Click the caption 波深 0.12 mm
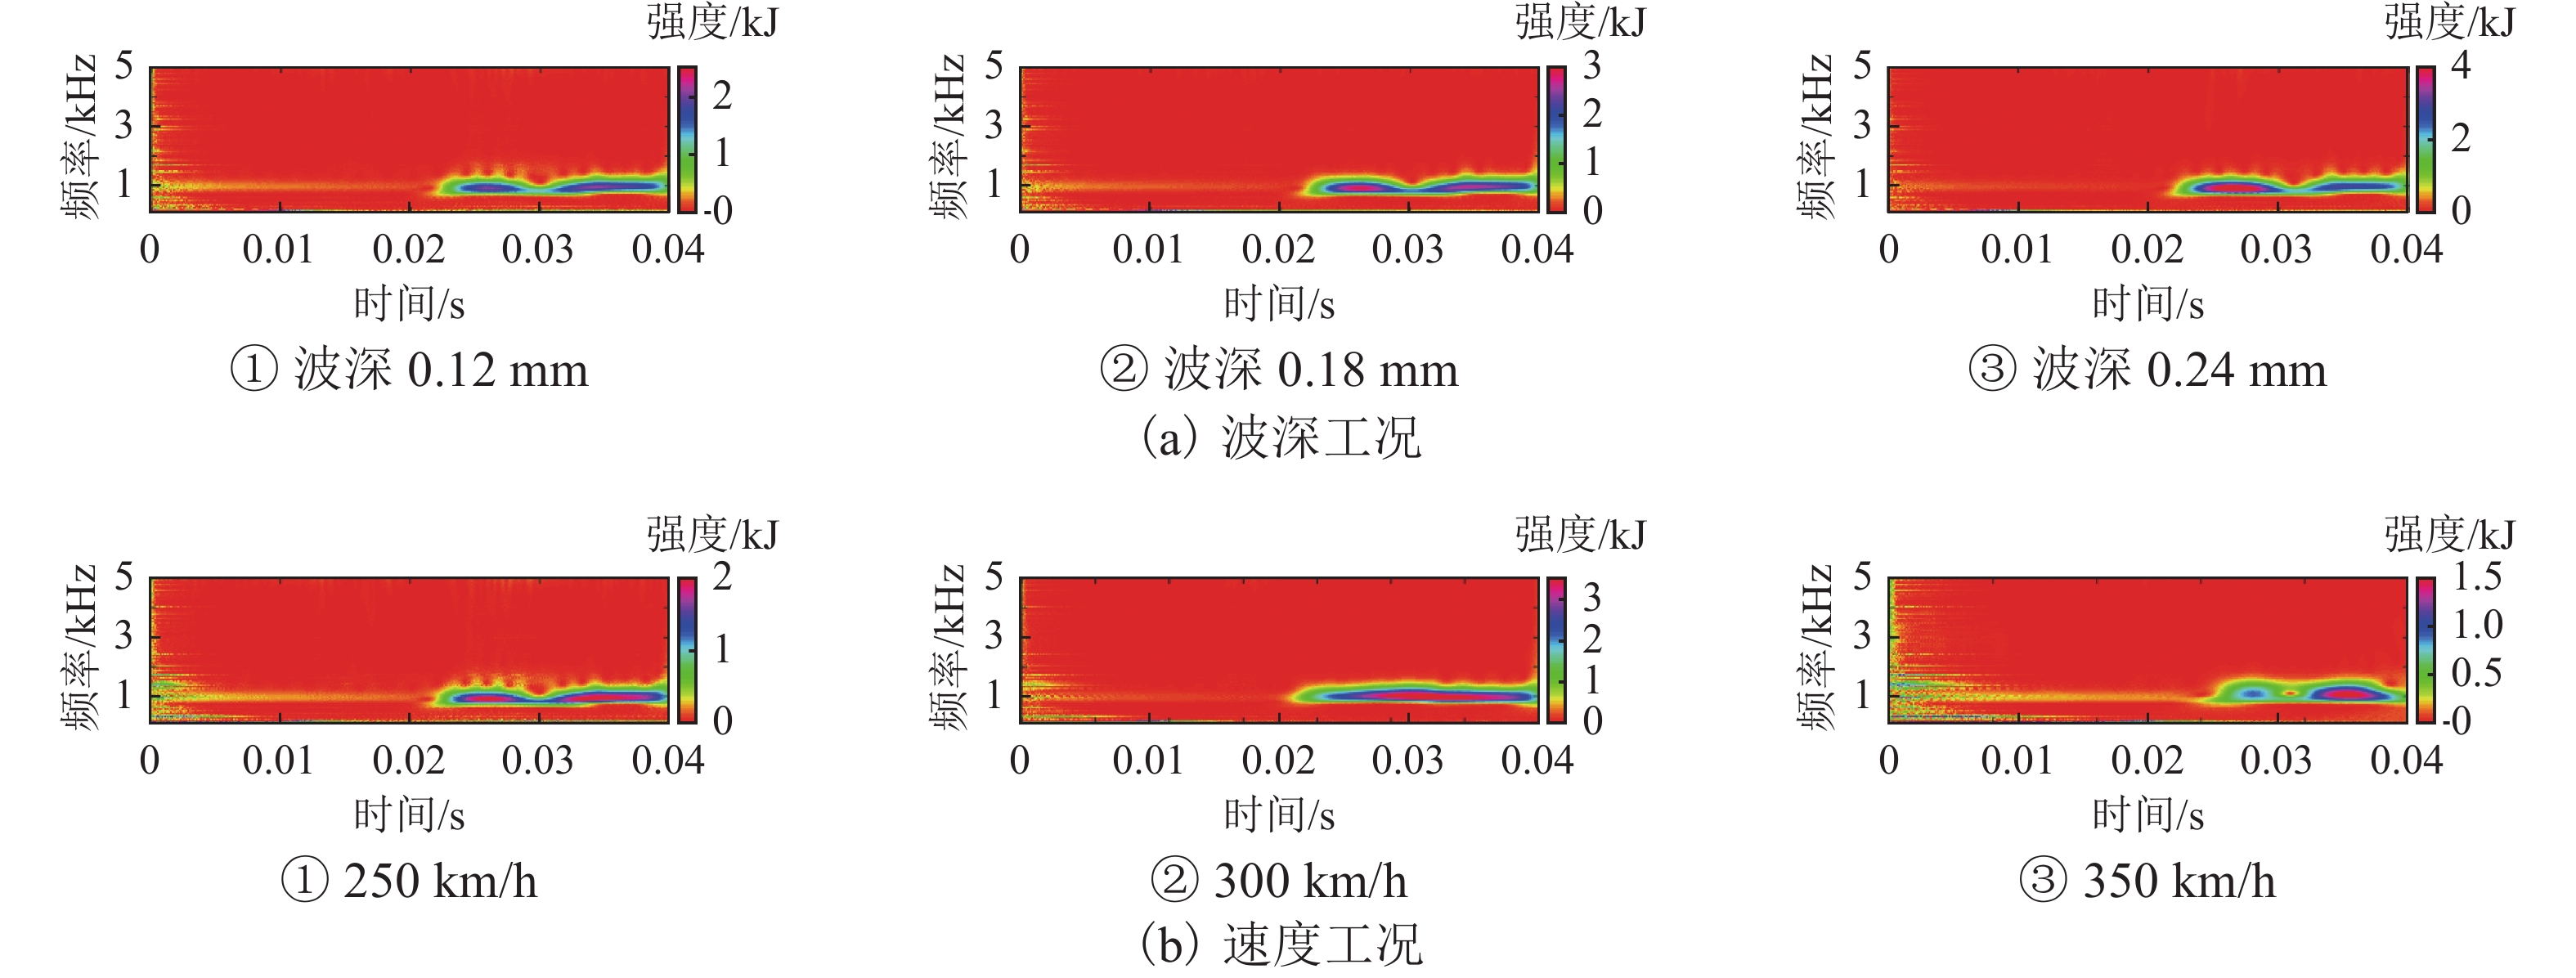coord(410,370)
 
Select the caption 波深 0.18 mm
coord(1280,370)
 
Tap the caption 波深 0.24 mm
coord(2148,370)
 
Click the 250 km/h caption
coord(410,881)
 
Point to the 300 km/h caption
coord(1280,881)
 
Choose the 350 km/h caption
coord(2148,881)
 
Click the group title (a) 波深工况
coord(1281,437)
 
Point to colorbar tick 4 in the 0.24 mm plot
coord(2461,66)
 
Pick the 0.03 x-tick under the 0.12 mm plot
coord(538,250)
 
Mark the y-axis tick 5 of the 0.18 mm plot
coord(993,67)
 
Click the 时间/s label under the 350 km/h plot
coord(2148,815)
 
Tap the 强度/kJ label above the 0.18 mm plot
coord(1580,22)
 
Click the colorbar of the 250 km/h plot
coord(687,649)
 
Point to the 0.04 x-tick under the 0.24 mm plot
coord(2406,250)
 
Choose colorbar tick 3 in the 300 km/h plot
coord(1592,598)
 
